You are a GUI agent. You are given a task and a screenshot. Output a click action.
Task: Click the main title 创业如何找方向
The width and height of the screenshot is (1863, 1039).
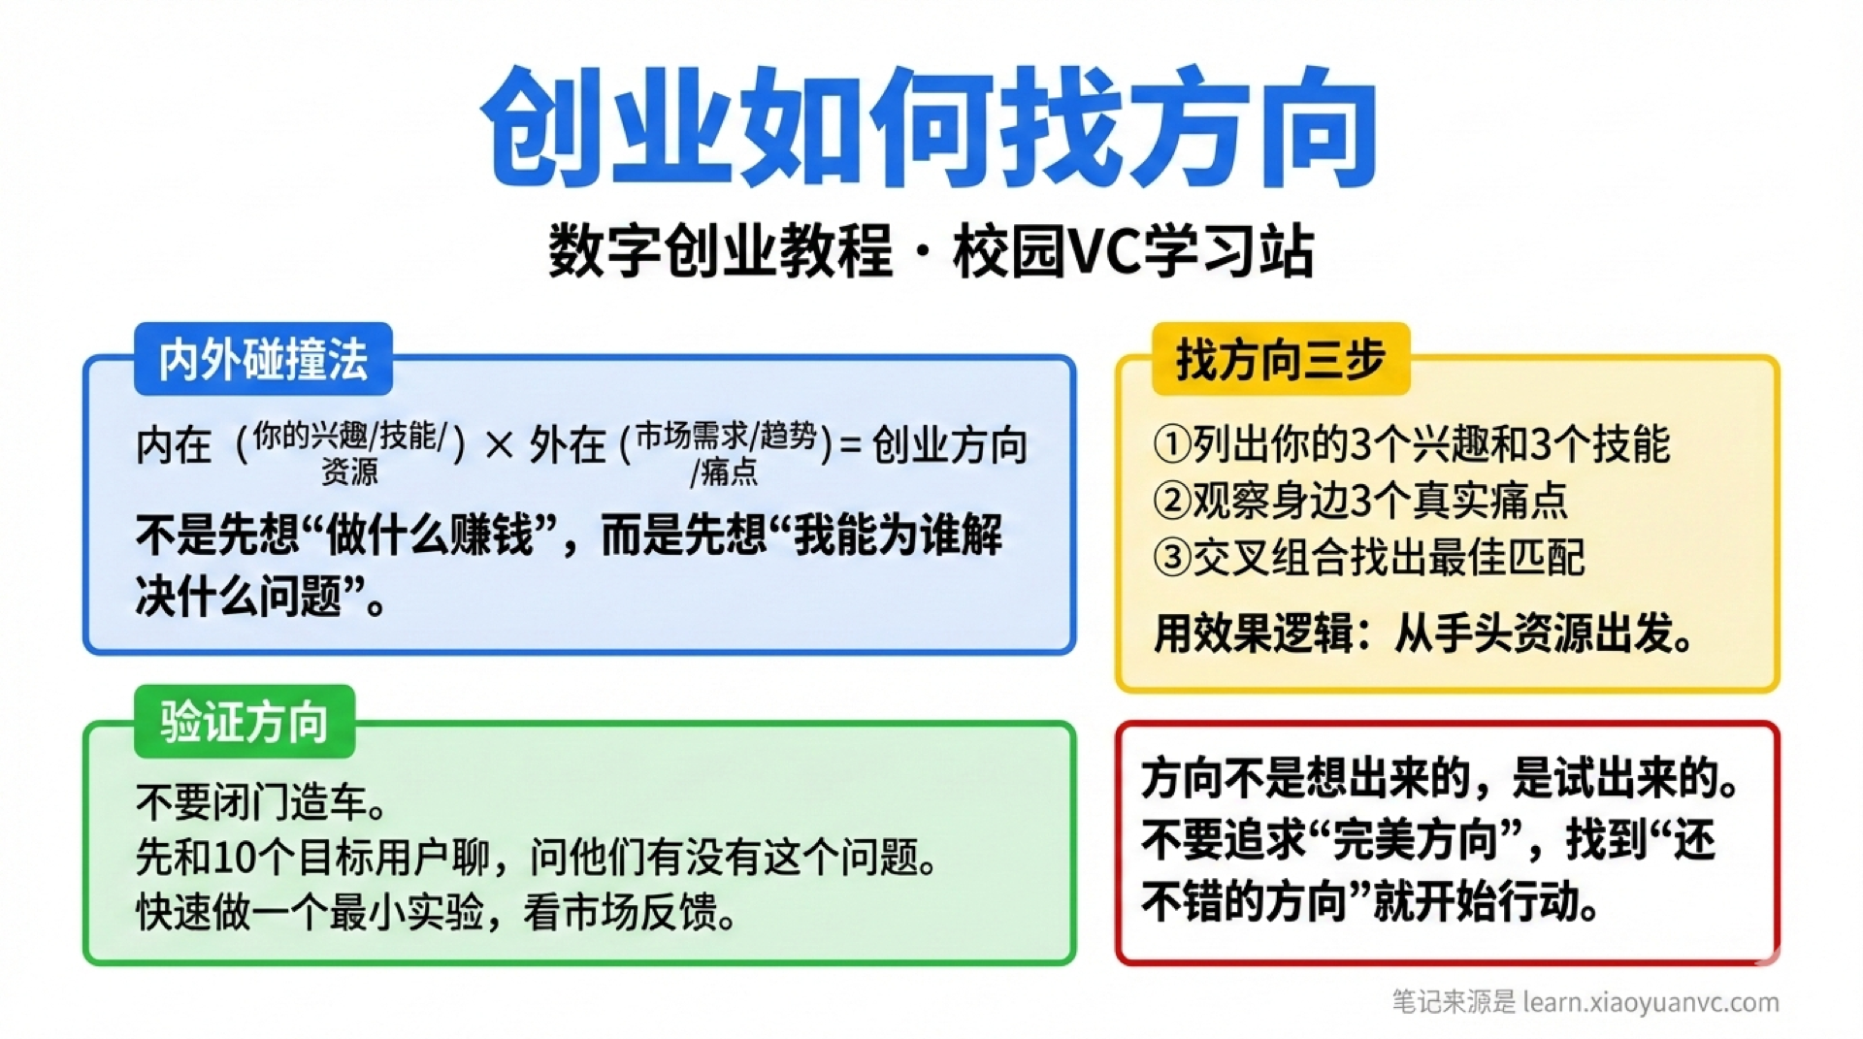[x=930, y=126]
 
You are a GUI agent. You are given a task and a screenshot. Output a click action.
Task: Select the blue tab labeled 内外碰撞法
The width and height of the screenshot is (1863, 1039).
[x=263, y=360]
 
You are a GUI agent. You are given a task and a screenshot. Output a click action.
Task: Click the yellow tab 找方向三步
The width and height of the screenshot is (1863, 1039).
[x=1280, y=360]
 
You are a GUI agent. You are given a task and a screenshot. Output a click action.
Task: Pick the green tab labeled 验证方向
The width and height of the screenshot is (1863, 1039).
[x=245, y=723]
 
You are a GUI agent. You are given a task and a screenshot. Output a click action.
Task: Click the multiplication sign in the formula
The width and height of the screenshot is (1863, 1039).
[x=499, y=446]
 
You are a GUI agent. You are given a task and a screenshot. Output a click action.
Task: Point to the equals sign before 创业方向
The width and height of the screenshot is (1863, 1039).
[x=850, y=445]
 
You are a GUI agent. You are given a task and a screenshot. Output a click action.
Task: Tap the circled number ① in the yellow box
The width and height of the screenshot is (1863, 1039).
[x=1172, y=444]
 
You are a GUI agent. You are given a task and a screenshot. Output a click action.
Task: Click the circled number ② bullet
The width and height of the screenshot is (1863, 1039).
[x=1172, y=501]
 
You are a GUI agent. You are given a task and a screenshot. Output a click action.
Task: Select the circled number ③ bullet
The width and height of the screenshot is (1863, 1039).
[x=1172, y=558]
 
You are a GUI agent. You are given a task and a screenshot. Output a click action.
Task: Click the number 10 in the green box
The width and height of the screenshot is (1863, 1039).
[x=233, y=858]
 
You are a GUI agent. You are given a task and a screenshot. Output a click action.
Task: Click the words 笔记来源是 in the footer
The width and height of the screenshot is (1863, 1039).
[x=1453, y=1002]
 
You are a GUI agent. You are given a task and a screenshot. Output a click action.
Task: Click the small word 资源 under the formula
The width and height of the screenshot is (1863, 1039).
[x=349, y=472]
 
